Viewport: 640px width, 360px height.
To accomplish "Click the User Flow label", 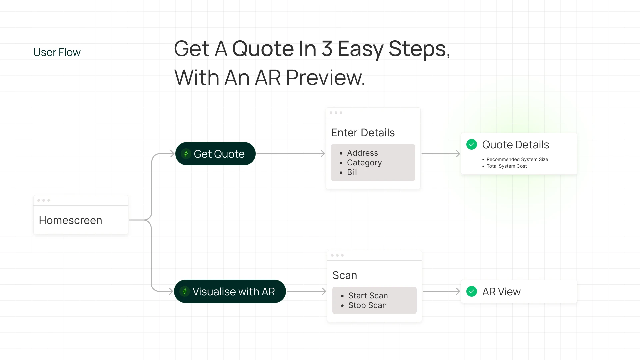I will pos(57,52).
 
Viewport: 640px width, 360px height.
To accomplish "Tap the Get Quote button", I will pos(215,154).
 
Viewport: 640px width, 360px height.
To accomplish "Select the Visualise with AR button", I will pos(230,291).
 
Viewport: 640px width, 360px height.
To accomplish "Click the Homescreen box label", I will pos(70,220).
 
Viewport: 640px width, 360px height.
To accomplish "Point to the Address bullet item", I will pos(362,153).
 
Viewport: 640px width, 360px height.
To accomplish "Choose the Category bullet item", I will pos(364,163).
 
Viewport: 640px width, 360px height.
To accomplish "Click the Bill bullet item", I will pos(352,172).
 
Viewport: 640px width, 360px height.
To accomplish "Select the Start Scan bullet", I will pos(368,296).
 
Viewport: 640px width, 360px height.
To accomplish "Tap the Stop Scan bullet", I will pos(367,305).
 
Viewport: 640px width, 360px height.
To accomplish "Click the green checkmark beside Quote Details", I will pos(472,144).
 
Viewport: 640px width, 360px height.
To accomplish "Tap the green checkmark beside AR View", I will pos(472,291).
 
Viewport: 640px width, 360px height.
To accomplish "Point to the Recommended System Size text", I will pos(517,159).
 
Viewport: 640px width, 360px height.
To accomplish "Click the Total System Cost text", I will pos(506,166).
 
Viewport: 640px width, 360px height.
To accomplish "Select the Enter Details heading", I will pos(363,133).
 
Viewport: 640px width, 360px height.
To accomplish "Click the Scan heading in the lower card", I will pos(345,275).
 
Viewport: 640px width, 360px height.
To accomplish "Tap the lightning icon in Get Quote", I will pos(186,154).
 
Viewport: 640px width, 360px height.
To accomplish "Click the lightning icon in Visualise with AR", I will pos(185,291).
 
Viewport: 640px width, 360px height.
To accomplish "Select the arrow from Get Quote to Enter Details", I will pos(290,154).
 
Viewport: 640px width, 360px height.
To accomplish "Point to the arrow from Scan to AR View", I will pos(441,291).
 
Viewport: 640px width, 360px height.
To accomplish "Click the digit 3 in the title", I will pos(327,49).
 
